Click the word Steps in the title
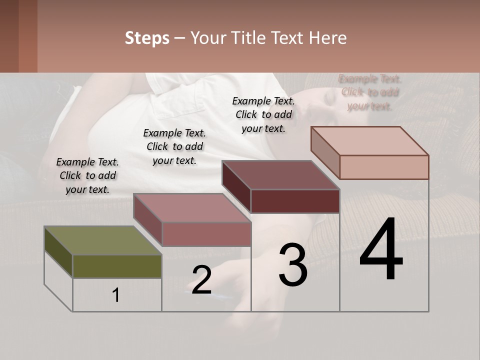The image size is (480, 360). pyautogui.click(x=147, y=38)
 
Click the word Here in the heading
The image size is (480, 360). pyautogui.click(x=327, y=38)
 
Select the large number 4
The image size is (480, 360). pyautogui.click(x=381, y=250)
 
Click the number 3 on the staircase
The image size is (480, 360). pyautogui.click(x=293, y=265)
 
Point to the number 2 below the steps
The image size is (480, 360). pyautogui.click(x=201, y=280)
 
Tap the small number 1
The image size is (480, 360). pyautogui.click(x=116, y=295)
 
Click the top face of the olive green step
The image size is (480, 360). pyautogui.click(x=102, y=240)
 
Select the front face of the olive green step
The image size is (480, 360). pyautogui.click(x=117, y=266)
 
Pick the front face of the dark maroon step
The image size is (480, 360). pyautogui.click(x=295, y=201)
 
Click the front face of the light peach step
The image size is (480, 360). pyautogui.click(x=384, y=167)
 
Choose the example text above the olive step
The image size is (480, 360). pyautogui.click(x=87, y=175)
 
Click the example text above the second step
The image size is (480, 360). pyautogui.click(x=174, y=146)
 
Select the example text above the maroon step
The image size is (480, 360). pyautogui.click(x=263, y=114)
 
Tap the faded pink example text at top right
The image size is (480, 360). pyautogui.click(x=370, y=92)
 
